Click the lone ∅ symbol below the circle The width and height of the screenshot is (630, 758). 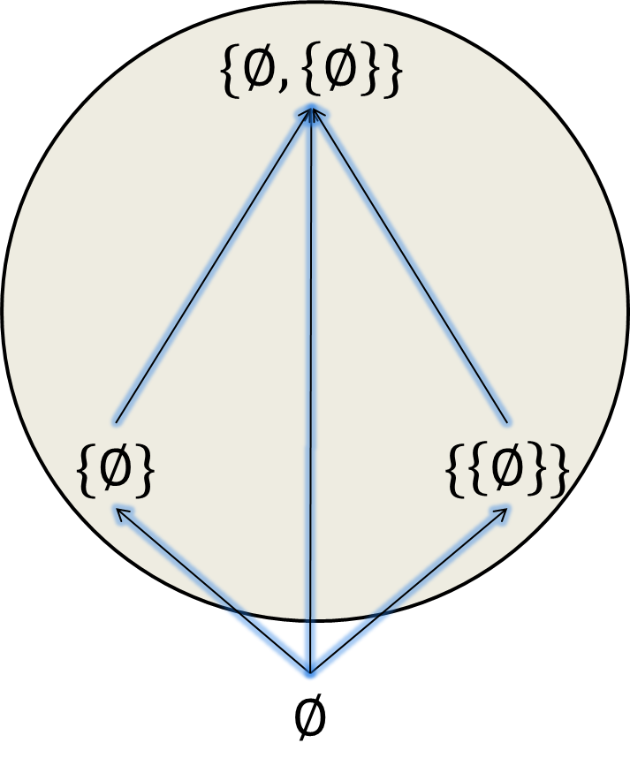(x=309, y=717)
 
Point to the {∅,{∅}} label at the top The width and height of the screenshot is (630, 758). (x=310, y=72)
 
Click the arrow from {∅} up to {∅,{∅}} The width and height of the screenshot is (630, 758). (x=212, y=265)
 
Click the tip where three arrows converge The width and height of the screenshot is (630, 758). (x=311, y=110)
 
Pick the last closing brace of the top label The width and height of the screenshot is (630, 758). (x=394, y=72)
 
